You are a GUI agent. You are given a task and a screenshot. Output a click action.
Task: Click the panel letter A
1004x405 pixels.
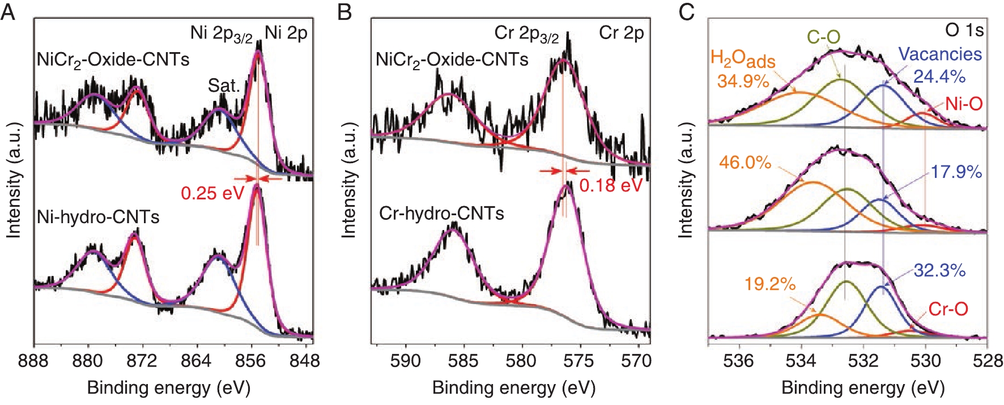tap(8, 12)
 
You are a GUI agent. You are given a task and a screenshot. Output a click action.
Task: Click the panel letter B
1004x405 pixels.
tap(344, 12)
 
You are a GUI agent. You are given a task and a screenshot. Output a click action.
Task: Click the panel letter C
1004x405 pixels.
tap(687, 12)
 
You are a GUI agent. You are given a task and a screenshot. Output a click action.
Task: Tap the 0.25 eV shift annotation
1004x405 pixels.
tap(212, 193)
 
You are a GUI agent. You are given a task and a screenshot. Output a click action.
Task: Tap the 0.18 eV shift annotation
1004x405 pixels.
tap(610, 185)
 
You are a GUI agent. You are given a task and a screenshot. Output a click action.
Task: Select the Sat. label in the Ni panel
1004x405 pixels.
tap(224, 86)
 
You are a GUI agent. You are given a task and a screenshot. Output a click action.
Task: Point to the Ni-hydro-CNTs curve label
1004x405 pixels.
tap(98, 217)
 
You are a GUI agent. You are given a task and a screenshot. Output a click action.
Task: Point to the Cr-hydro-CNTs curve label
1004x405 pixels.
tap(441, 214)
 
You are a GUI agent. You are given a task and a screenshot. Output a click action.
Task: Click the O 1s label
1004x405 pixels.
tap(964, 30)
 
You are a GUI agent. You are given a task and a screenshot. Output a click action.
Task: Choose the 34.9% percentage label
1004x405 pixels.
tap(743, 81)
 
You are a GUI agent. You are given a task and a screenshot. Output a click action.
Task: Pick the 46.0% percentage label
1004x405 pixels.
tap(745, 163)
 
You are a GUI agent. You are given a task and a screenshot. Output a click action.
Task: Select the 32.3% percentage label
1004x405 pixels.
tap(939, 270)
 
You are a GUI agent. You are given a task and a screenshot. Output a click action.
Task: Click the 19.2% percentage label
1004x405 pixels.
tap(770, 283)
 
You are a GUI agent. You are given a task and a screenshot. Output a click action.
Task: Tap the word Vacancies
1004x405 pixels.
tap(940, 54)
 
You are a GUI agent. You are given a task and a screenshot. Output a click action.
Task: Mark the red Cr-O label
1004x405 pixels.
tap(948, 309)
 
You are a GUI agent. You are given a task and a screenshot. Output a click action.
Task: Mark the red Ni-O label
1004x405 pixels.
tap(963, 104)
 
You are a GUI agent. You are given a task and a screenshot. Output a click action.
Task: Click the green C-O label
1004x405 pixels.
tap(823, 37)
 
